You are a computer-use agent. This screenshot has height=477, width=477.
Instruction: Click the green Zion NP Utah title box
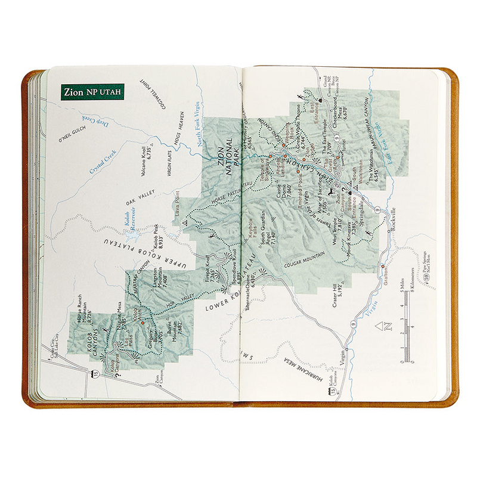pyautogui.click(x=92, y=92)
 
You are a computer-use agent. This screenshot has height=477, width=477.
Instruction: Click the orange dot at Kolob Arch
pyautogui.click(x=142, y=321)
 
